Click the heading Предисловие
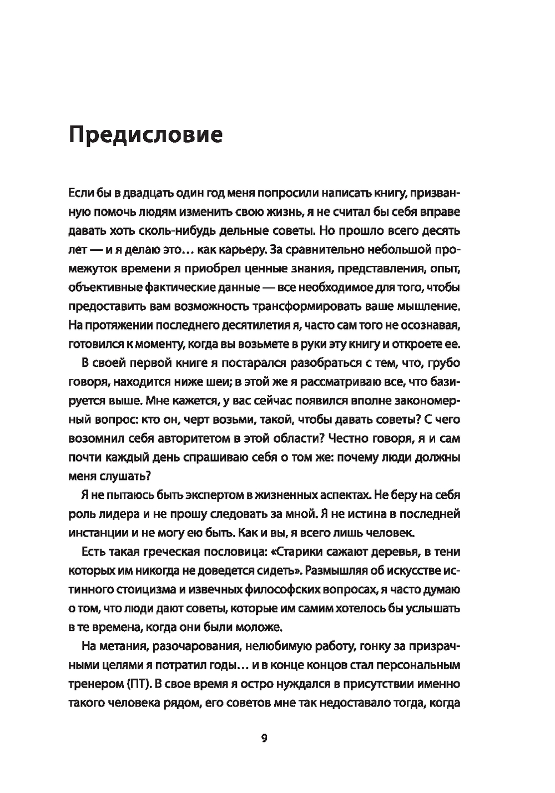145,135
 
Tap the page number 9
264,738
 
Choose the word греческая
154,552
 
